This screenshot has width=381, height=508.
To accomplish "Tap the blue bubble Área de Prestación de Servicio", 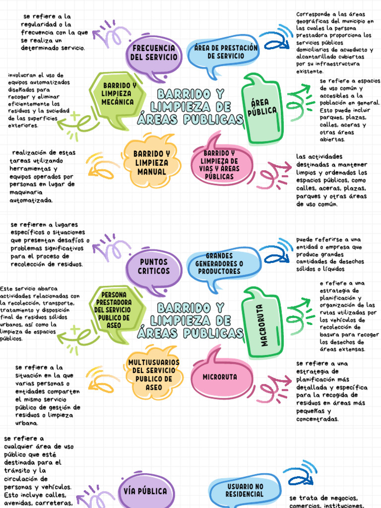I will tap(225, 53).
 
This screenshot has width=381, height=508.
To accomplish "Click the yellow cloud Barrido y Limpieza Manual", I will tap(151, 163).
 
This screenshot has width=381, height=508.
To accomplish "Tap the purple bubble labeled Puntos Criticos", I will tap(154, 266).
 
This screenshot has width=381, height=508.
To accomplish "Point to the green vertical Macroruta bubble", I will tap(262, 325).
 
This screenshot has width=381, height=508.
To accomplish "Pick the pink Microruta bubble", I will tap(220, 377).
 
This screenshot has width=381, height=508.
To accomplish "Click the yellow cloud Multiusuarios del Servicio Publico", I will tap(154, 375).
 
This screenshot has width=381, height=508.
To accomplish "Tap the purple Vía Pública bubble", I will tap(145, 491).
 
